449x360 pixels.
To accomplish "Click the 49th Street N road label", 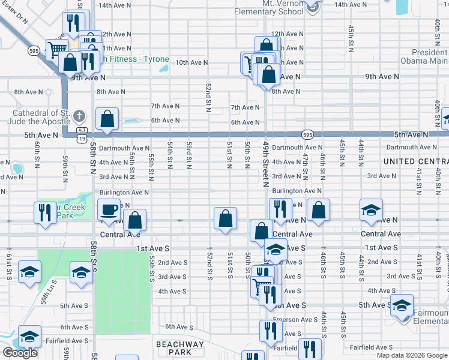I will coord(265,164).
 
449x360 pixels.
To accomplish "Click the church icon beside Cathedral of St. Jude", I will coord(79,115).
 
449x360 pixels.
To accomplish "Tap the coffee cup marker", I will coord(108,210).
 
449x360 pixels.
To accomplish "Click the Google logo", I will coord(20,353).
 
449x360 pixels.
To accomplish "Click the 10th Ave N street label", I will coord(191,62).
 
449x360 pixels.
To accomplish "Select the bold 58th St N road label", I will coord(93,158).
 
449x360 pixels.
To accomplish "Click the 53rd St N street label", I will coord(188,155).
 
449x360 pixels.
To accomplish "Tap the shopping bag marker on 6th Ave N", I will coord(107,120).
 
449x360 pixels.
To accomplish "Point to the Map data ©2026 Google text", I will coord(411,355).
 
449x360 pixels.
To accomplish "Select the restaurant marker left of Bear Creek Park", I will coord(44,214).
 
